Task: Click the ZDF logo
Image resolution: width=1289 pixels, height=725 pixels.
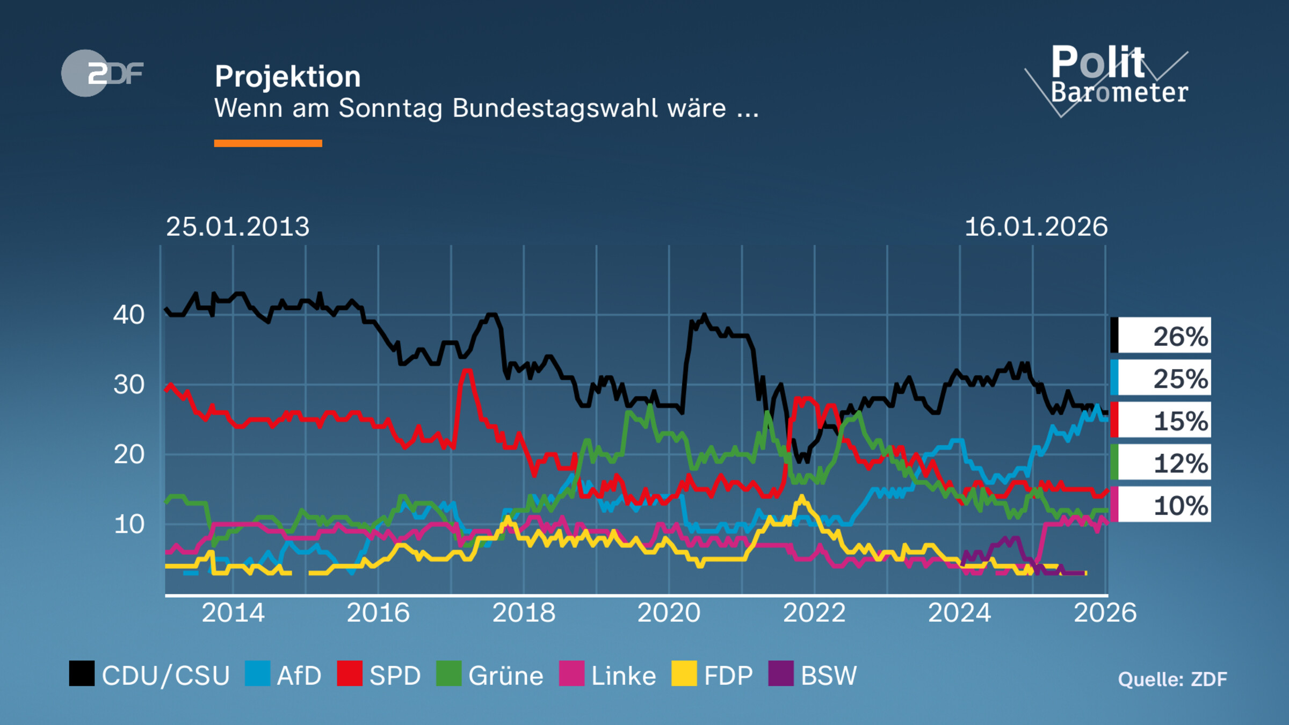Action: pos(102,73)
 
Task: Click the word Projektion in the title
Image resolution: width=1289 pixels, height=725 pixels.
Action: pos(287,76)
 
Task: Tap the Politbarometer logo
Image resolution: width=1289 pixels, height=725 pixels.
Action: pos(1112,78)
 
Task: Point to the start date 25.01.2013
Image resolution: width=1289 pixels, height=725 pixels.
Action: pos(237,227)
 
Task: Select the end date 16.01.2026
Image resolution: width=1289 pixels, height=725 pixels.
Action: pos(1036,227)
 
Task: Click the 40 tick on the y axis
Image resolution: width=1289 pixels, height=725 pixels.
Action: pos(129,315)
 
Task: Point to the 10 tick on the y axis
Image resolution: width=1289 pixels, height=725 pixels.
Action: pos(129,524)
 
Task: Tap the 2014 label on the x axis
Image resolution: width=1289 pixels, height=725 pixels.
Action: pos(233,613)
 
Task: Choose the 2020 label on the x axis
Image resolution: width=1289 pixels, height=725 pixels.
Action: pos(669,613)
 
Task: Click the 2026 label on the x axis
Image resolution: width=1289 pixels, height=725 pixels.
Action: pos(1105,613)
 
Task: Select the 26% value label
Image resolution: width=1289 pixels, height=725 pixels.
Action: pos(1180,337)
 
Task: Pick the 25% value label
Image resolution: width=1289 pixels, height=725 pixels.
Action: pos(1180,379)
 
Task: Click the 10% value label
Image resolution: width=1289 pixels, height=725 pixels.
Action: pos(1180,506)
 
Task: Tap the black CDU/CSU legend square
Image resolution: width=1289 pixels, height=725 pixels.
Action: pos(82,673)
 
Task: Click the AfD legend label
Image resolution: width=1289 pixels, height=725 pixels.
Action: pos(299,676)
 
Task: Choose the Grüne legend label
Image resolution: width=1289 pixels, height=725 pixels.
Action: pos(505,676)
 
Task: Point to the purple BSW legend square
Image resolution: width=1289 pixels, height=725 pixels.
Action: pos(781,673)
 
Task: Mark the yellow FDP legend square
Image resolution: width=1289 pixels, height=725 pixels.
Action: pos(684,673)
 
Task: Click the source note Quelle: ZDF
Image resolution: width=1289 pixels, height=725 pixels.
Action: pos(1172,679)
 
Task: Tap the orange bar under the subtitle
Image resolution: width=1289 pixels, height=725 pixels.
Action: pos(268,143)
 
